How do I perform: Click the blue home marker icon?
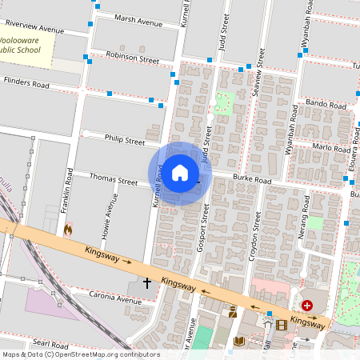[x=180, y=173]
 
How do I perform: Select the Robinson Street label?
[x=132, y=59]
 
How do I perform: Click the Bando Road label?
[x=326, y=104]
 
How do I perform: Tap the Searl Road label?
[x=51, y=343]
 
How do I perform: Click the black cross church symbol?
[x=147, y=282]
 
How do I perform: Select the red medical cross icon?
[x=307, y=306]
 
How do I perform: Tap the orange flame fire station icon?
[x=68, y=230]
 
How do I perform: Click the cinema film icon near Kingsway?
[x=281, y=325]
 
